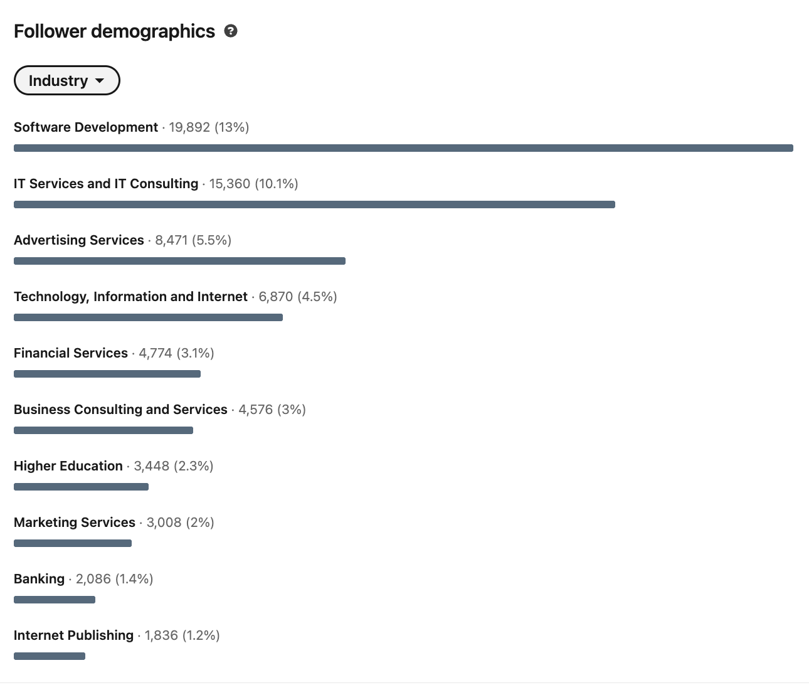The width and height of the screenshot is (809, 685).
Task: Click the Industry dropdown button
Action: coord(66,81)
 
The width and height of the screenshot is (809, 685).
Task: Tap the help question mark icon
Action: coord(231,31)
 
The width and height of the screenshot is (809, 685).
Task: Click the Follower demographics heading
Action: coord(114,31)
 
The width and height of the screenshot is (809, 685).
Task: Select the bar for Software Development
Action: coord(403,148)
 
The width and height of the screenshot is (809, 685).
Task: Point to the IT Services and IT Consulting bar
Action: coord(314,204)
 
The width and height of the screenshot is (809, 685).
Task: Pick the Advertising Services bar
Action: coord(179,261)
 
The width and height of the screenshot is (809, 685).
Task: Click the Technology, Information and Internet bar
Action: coord(148,317)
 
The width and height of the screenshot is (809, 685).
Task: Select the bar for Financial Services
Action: coord(107,374)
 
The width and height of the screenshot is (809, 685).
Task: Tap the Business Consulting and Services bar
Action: coord(103,430)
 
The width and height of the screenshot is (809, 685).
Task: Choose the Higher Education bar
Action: coord(81,487)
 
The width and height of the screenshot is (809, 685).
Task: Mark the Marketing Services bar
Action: coord(73,543)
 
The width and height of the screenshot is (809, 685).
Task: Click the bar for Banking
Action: coord(55,600)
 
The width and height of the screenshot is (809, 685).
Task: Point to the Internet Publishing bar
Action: coord(50,656)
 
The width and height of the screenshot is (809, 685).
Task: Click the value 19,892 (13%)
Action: coord(209,127)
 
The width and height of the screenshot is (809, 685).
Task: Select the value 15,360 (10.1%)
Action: coord(253,184)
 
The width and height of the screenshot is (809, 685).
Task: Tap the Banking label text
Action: coord(39,579)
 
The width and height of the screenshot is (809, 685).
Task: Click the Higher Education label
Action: coord(68,466)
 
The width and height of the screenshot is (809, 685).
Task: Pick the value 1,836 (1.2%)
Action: coord(182,635)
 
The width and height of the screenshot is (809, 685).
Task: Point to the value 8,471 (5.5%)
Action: coord(193,240)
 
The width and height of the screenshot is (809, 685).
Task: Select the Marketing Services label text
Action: coord(75,523)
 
